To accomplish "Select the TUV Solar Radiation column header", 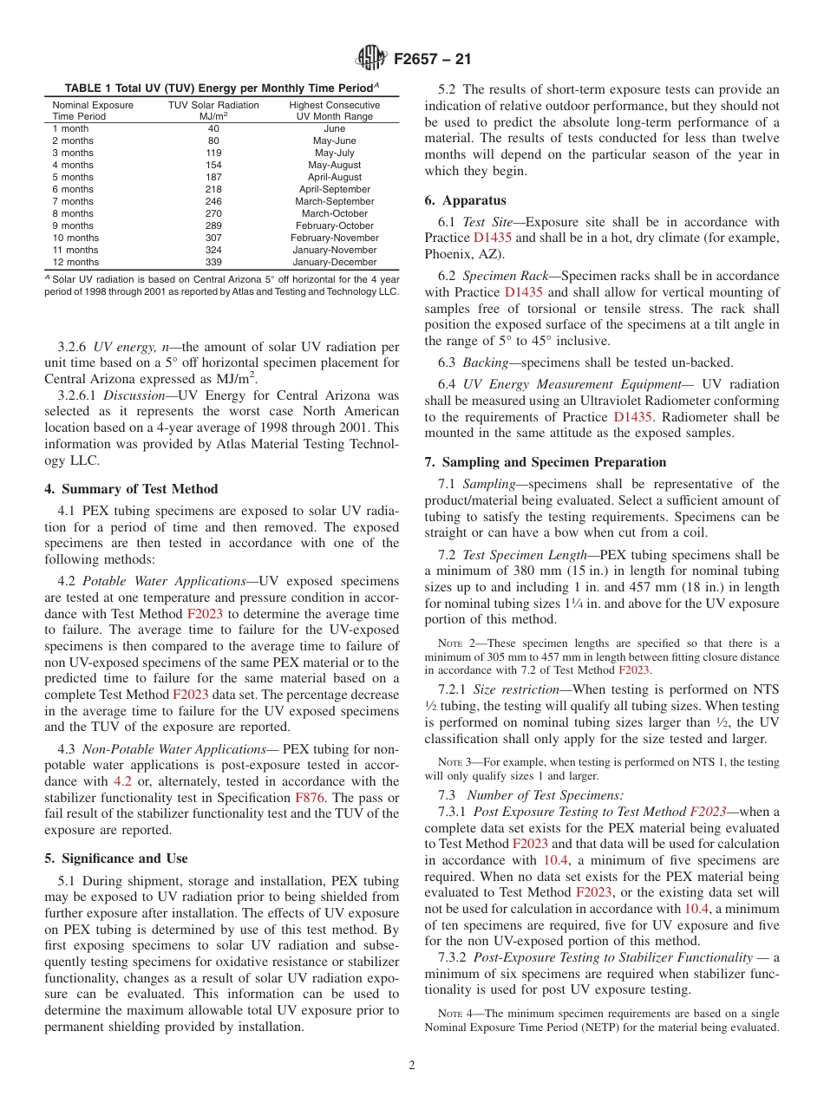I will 213,110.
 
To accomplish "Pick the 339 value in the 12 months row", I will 213,262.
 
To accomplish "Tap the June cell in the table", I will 334,128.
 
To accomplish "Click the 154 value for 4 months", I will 213,165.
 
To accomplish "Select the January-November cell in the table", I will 334,250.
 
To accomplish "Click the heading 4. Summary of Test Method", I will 131,489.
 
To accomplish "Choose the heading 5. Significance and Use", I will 116,858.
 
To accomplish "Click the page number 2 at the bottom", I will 412,1066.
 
